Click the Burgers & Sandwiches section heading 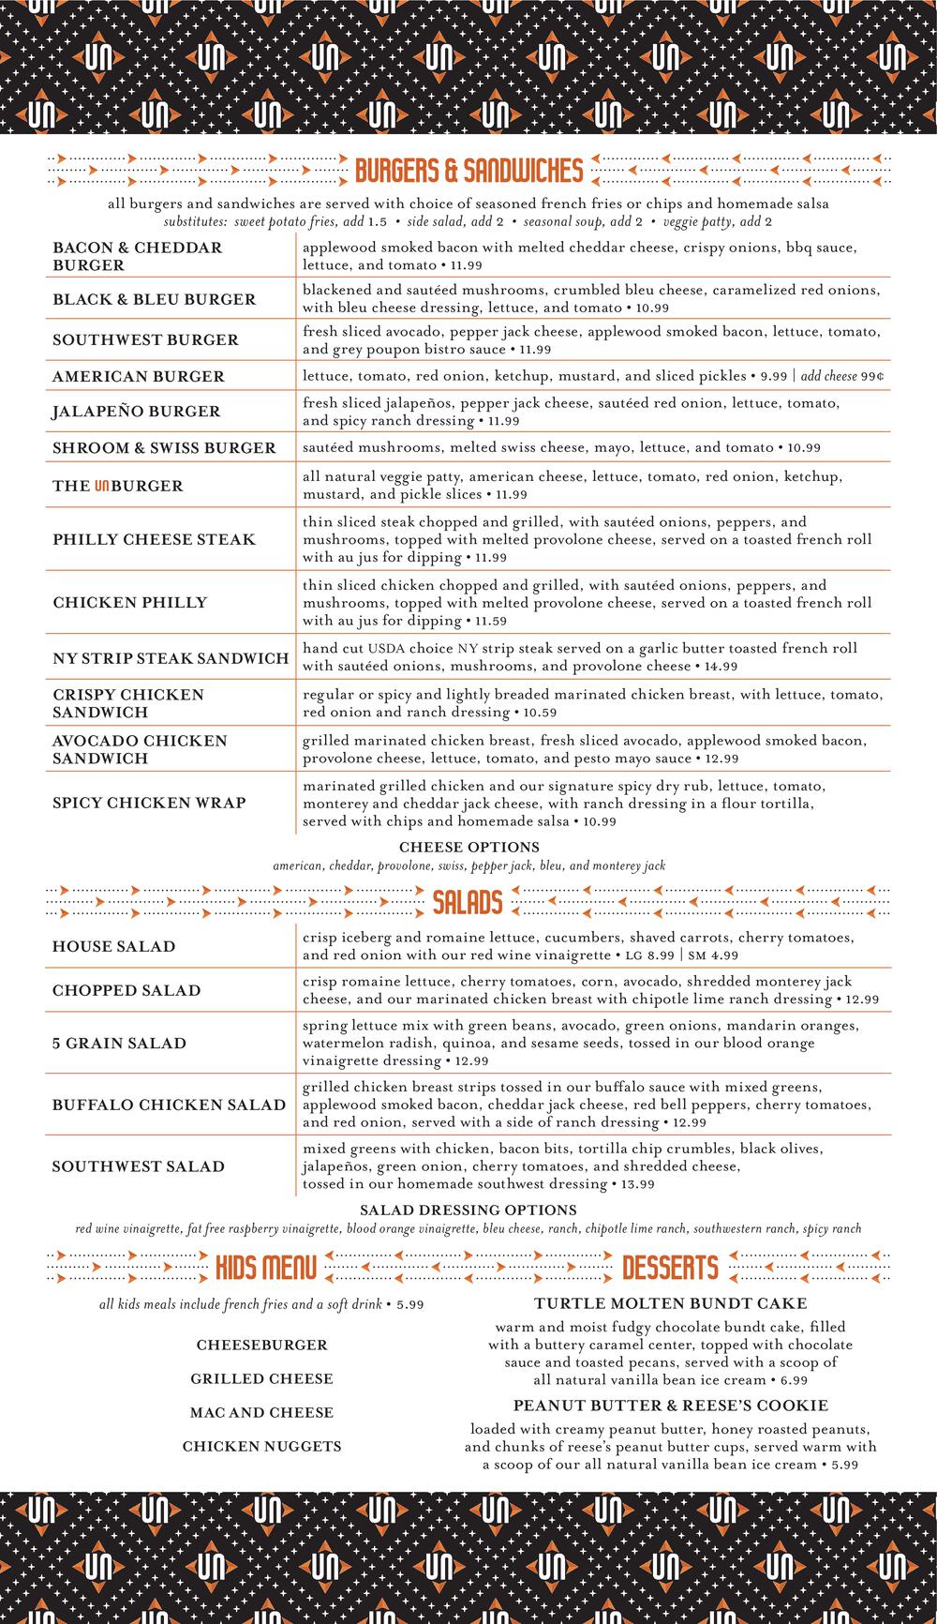(x=468, y=171)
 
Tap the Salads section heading (x=468, y=903)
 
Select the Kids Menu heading (x=265, y=1269)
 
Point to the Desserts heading (x=670, y=1269)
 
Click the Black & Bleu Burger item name (x=154, y=299)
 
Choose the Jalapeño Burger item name (x=137, y=411)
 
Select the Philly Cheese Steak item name (x=154, y=539)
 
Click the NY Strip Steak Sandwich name (x=171, y=658)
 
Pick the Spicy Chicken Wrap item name (x=149, y=803)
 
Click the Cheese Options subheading (x=468, y=848)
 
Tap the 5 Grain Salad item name (x=119, y=1043)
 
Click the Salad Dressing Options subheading (x=468, y=1210)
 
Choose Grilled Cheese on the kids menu (x=261, y=1378)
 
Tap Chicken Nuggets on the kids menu (x=261, y=1446)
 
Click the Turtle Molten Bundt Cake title (x=670, y=1303)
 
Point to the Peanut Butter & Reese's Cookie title (x=670, y=1405)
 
